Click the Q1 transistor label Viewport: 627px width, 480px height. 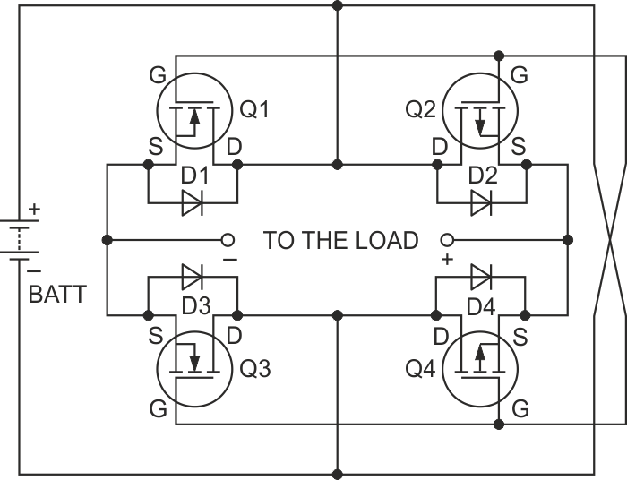click(x=254, y=110)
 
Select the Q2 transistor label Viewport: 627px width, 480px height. click(x=421, y=110)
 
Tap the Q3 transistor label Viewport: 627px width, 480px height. click(x=254, y=370)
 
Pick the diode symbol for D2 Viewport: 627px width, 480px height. click(x=481, y=202)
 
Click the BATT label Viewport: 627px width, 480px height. click(x=57, y=294)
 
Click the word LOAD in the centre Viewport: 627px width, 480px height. click(x=384, y=240)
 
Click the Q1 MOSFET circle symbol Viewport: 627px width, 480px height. click(x=193, y=112)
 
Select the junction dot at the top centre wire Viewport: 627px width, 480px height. click(x=338, y=6)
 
